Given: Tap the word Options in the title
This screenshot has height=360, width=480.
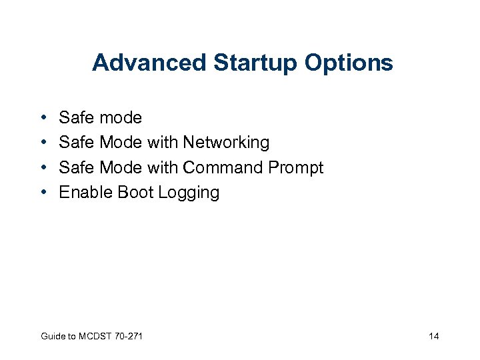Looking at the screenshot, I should pos(349,63).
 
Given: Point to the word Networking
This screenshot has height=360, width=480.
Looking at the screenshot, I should pos(226,143).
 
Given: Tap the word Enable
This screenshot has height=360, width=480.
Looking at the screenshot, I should pos(86,193).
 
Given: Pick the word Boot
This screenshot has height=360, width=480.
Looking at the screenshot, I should pos(135,193).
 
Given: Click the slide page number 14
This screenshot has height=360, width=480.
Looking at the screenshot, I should pos(433,336).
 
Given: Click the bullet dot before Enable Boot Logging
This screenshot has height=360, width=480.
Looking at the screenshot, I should pos(42,193).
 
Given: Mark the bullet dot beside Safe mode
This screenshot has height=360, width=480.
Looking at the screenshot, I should pos(42,118).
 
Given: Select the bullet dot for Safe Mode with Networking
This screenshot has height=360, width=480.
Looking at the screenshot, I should pos(42,143).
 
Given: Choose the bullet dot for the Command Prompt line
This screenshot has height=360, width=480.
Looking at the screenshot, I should pos(42,167).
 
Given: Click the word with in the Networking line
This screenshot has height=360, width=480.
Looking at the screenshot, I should pos(164,143).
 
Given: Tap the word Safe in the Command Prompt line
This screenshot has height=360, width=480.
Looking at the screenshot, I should pos(76,167).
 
